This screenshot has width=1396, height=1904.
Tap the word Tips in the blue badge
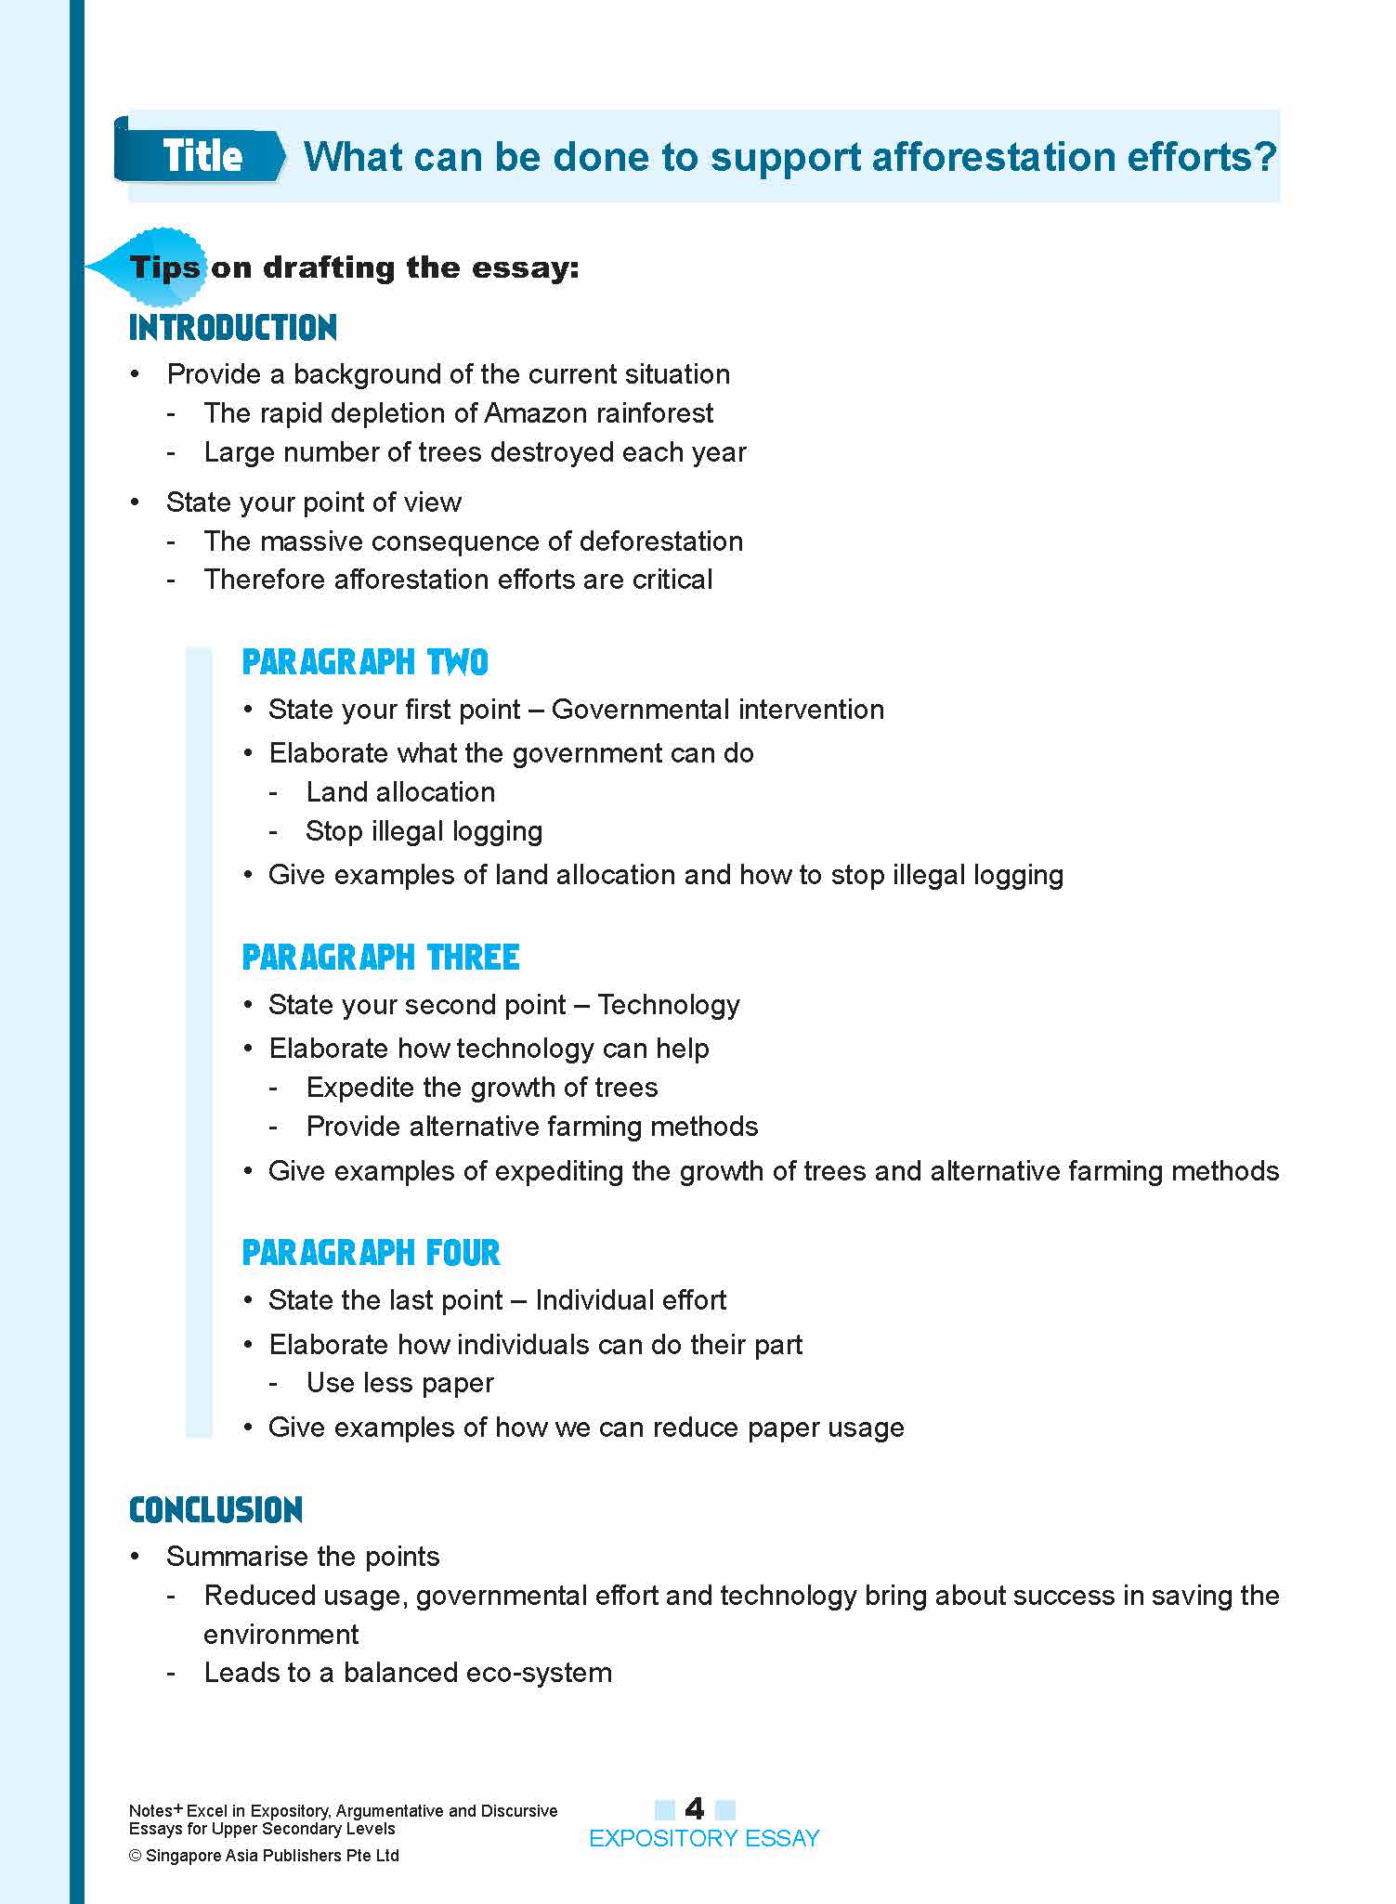164,267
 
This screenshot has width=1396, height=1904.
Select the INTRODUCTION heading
232,328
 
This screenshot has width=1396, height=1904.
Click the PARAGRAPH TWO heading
364,662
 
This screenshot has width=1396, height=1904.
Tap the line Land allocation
400,792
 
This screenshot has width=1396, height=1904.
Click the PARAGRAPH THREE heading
380,958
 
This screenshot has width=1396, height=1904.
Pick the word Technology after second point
668,1005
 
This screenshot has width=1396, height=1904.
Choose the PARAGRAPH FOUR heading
371,1253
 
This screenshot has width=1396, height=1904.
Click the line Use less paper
399,1383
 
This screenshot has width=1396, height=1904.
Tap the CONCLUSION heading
215,1510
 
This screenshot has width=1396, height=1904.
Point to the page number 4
694,1807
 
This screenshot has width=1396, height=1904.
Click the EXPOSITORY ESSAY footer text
704,1838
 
